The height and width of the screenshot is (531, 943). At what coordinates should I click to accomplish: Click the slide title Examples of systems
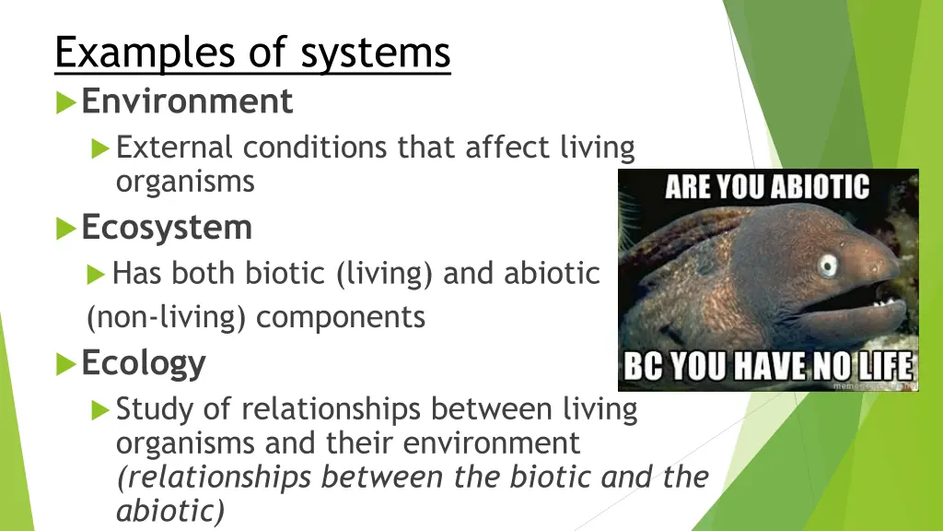252,53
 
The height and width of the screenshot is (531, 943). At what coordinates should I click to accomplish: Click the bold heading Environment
187,100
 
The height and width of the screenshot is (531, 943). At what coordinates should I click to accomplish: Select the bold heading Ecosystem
167,227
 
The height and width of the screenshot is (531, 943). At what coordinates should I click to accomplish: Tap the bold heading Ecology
144,363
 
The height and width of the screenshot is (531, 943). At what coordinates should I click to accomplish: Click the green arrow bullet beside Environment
65,101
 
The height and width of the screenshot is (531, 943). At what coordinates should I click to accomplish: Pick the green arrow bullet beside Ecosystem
65,228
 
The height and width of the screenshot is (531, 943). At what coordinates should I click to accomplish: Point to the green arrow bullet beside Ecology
65,364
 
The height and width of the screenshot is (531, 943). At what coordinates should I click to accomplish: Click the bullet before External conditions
100,147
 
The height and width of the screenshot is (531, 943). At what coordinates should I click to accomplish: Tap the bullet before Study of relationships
100,409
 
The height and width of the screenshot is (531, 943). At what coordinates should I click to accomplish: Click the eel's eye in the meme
828,265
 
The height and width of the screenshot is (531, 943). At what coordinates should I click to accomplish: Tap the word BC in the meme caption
644,367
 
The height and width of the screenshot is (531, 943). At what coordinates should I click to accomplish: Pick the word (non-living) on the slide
166,318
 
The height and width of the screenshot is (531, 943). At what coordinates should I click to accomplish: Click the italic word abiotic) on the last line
169,511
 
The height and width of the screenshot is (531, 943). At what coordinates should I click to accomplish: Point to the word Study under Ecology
152,409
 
